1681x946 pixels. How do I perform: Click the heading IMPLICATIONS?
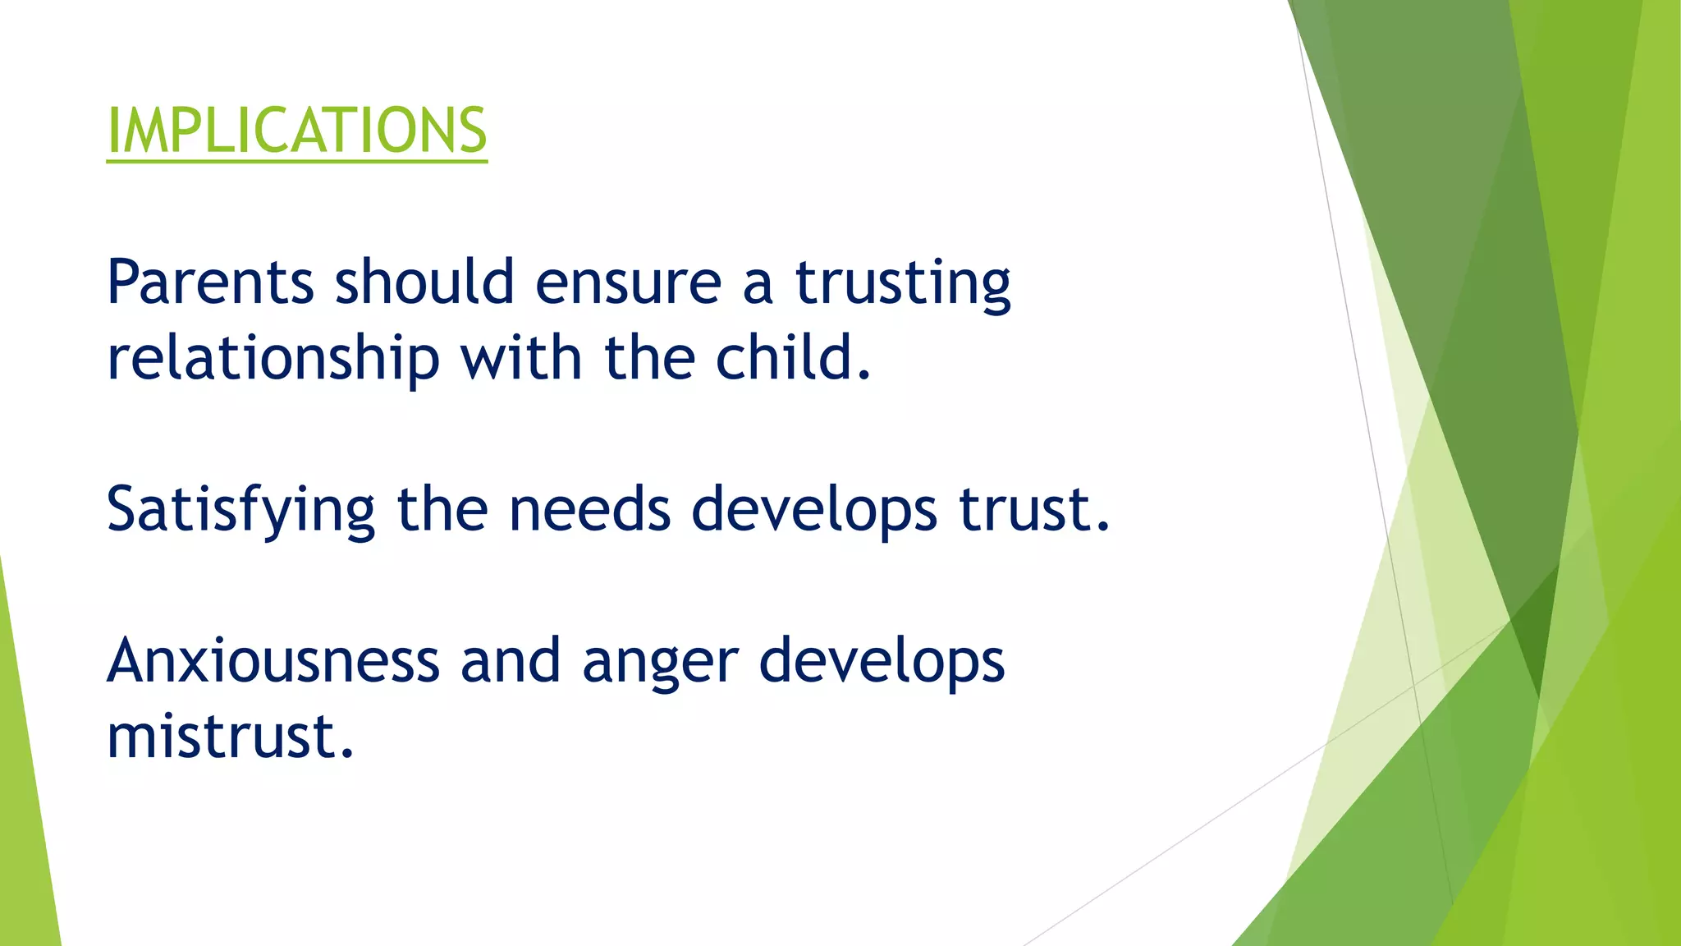pyautogui.click(x=296, y=131)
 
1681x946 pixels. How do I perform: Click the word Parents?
pyautogui.click(x=210, y=282)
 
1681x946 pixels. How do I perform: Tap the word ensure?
pyautogui.click(x=628, y=282)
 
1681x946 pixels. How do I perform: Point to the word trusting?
pyautogui.click(x=903, y=283)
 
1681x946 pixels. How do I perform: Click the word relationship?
pyautogui.click(x=273, y=359)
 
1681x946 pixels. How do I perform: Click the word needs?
pyautogui.click(x=589, y=509)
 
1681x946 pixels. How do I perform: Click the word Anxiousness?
pyautogui.click(x=273, y=661)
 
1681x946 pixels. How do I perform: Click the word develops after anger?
pyautogui.click(x=882, y=662)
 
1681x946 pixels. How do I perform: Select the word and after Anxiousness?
pyautogui.click(x=510, y=661)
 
